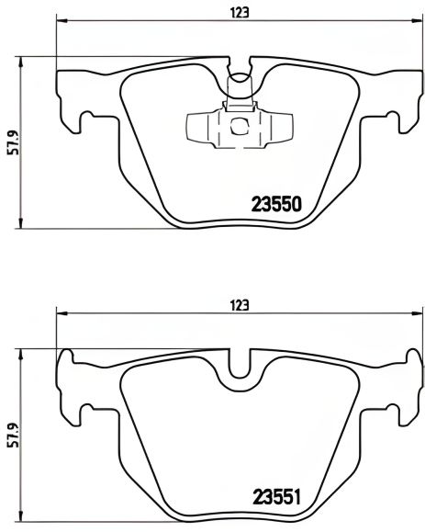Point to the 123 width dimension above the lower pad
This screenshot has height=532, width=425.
(240, 305)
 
